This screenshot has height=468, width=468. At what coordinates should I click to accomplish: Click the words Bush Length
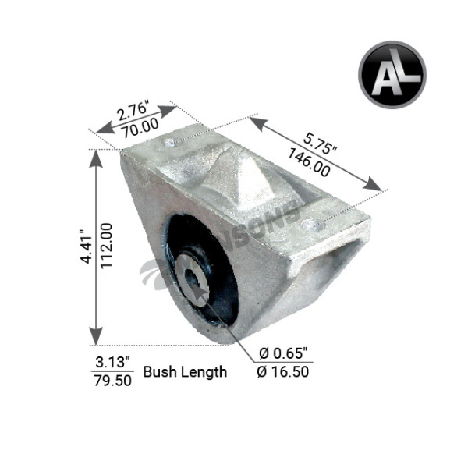pos(185,371)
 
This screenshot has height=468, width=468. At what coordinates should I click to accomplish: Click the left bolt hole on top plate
pos(170,144)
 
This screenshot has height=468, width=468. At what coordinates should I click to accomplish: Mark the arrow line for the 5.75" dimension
pos(316,153)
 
